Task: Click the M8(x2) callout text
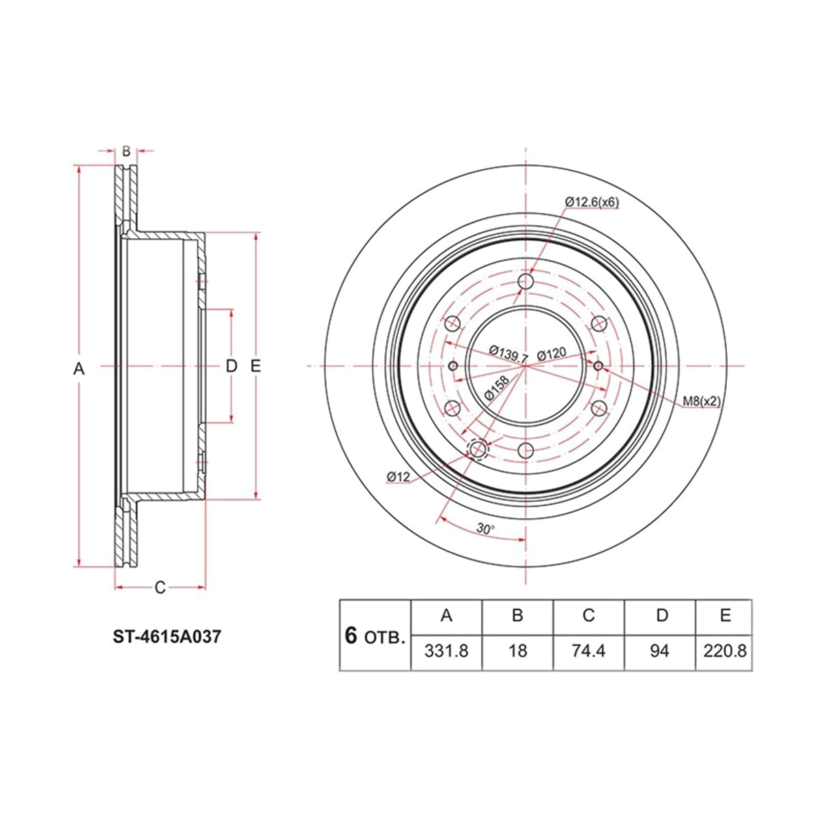[x=702, y=401]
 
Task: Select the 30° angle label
[x=485, y=529]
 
